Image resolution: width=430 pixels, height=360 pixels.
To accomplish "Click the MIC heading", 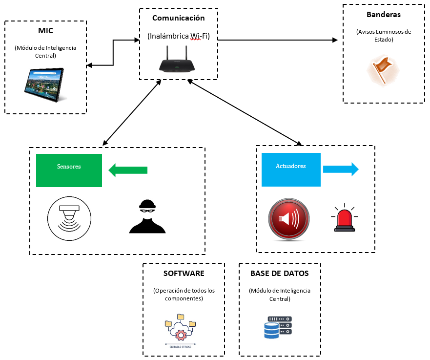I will coord(45,31).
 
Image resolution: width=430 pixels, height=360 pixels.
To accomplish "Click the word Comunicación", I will coord(179,18).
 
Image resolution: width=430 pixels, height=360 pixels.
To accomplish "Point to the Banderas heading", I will coord(383,15).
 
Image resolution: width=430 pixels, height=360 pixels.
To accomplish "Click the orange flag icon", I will coord(383,69).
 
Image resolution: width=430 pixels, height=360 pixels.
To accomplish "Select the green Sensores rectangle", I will coord(69,170).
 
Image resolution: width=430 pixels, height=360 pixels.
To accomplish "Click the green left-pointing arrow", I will coord(127,170).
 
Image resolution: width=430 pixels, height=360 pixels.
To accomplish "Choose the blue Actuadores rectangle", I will coord(291,169).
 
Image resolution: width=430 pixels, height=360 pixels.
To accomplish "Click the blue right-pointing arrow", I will coord(341,169).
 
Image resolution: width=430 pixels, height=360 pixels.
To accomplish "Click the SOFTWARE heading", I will coord(184,274).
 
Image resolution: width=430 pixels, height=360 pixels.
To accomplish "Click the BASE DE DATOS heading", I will coord(279,274).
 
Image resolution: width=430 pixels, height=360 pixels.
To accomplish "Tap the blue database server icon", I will coord(278,327).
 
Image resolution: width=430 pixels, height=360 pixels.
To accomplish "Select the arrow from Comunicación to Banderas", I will coord(278,40).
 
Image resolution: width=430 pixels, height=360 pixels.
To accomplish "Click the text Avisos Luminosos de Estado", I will coord(384,36).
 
